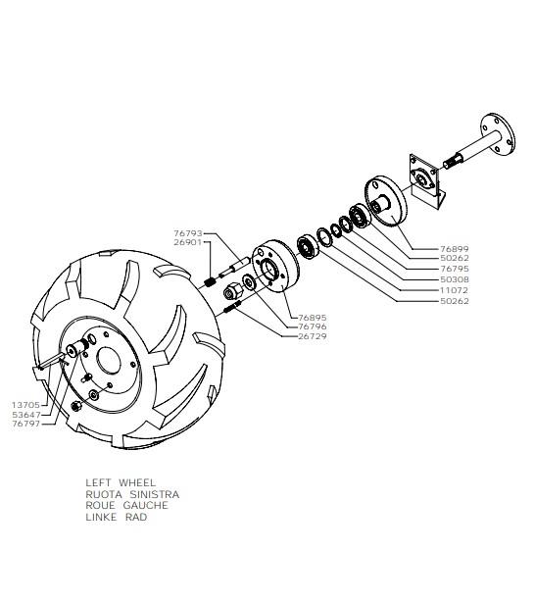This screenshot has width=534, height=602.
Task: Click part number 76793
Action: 188,233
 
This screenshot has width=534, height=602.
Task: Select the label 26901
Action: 188,242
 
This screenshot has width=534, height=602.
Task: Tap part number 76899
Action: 455,249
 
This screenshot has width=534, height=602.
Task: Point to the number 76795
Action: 455,269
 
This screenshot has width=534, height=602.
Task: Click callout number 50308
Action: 455,279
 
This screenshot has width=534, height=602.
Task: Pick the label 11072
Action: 455,290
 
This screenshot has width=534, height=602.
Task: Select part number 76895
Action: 313,318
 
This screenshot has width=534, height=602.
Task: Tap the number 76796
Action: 313,326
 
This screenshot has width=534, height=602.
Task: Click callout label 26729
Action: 313,336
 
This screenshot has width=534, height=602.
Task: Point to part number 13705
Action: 25,405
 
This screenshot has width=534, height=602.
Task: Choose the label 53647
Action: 25,415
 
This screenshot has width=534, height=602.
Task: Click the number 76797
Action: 25,424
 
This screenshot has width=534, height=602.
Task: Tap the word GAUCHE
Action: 145,505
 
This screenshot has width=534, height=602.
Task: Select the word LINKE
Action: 101,517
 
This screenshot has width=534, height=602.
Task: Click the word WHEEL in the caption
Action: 137,482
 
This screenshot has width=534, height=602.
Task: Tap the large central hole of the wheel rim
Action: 109,362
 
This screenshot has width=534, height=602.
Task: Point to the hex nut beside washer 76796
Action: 233,292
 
